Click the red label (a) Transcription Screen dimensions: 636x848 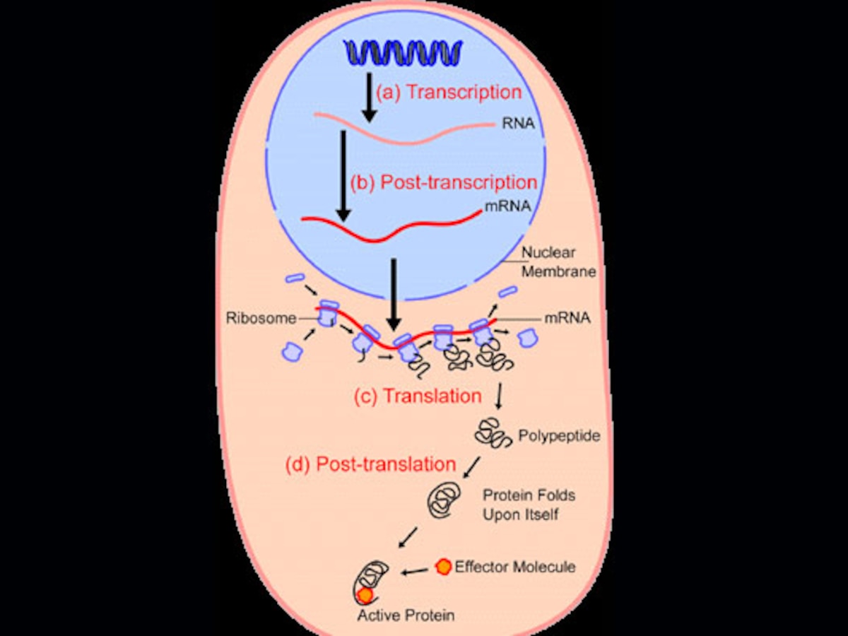pos(449,92)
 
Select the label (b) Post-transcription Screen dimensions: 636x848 pos(444,182)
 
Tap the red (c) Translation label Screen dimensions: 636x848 pos(418,396)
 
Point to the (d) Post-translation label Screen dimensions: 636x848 pos(370,464)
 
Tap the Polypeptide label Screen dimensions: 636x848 pos(559,435)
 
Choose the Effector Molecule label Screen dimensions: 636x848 pos(514,567)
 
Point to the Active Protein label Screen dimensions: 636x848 pos(406,615)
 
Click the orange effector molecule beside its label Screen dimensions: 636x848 pos(443,566)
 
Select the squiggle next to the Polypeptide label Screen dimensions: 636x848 pos(493,432)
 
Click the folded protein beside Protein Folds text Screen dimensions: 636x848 pos(445,499)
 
